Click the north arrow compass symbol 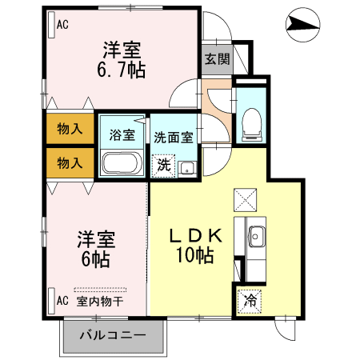[x=303, y=25]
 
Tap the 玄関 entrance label [x=218, y=58]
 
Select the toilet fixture [x=251, y=124]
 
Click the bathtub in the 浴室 [x=122, y=163]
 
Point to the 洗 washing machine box [x=163, y=166]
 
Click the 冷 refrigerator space [x=250, y=302]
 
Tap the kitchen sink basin [x=256, y=236]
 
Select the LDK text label [x=196, y=235]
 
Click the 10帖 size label [x=194, y=255]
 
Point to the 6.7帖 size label [x=122, y=70]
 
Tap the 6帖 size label [x=95, y=259]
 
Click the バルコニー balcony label [x=113, y=335]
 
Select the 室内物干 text [x=100, y=302]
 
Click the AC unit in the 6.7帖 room [x=52, y=25]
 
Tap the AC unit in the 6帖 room [x=52, y=301]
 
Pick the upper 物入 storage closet [x=70, y=129]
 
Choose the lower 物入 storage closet [x=70, y=163]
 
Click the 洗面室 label [x=174, y=138]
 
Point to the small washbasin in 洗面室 [x=187, y=169]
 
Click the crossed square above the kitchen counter [x=246, y=200]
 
